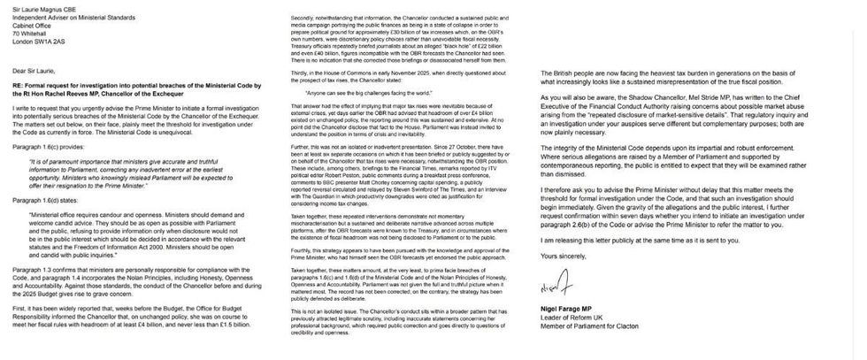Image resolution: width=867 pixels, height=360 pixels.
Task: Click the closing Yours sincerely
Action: click(x=563, y=255)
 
